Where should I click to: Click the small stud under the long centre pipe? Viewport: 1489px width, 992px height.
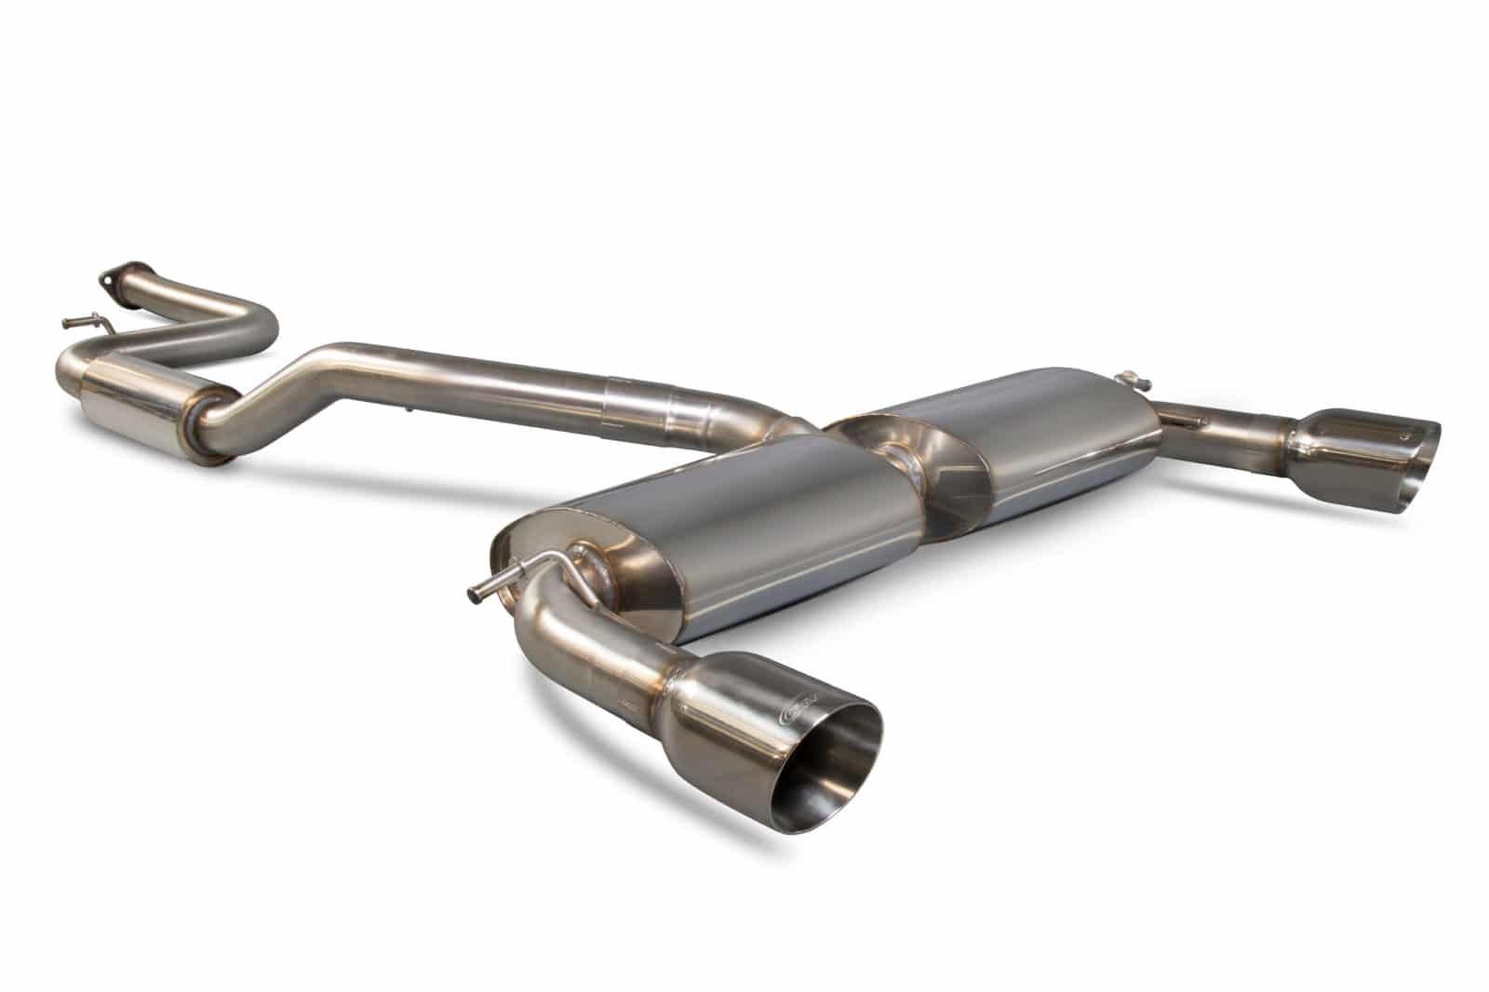click(x=410, y=409)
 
